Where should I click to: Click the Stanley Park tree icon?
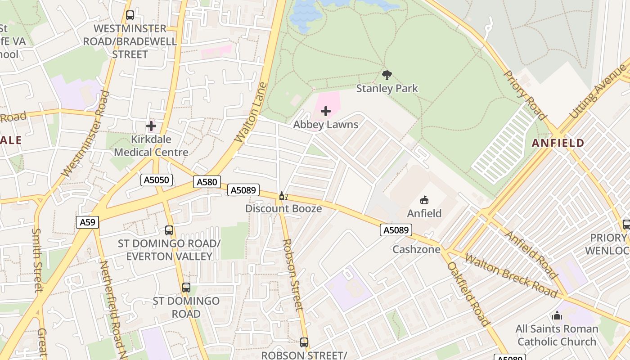point(387,75)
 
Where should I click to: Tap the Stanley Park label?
point(387,89)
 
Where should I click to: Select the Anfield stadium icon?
point(424,200)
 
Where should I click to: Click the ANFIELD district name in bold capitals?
point(558,143)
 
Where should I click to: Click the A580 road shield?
point(207,182)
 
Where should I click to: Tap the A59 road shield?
point(87,222)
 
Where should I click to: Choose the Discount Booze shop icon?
point(283,196)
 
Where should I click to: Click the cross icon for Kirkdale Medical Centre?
point(151,126)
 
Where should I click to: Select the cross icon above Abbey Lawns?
point(326,111)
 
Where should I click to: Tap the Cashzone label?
point(416,249)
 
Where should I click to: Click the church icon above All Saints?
point(557,316)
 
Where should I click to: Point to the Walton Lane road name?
point(251,112)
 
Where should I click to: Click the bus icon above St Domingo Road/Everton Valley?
point(169,230)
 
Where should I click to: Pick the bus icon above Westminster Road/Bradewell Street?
point(130,15)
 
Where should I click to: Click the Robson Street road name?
point(292,274)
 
